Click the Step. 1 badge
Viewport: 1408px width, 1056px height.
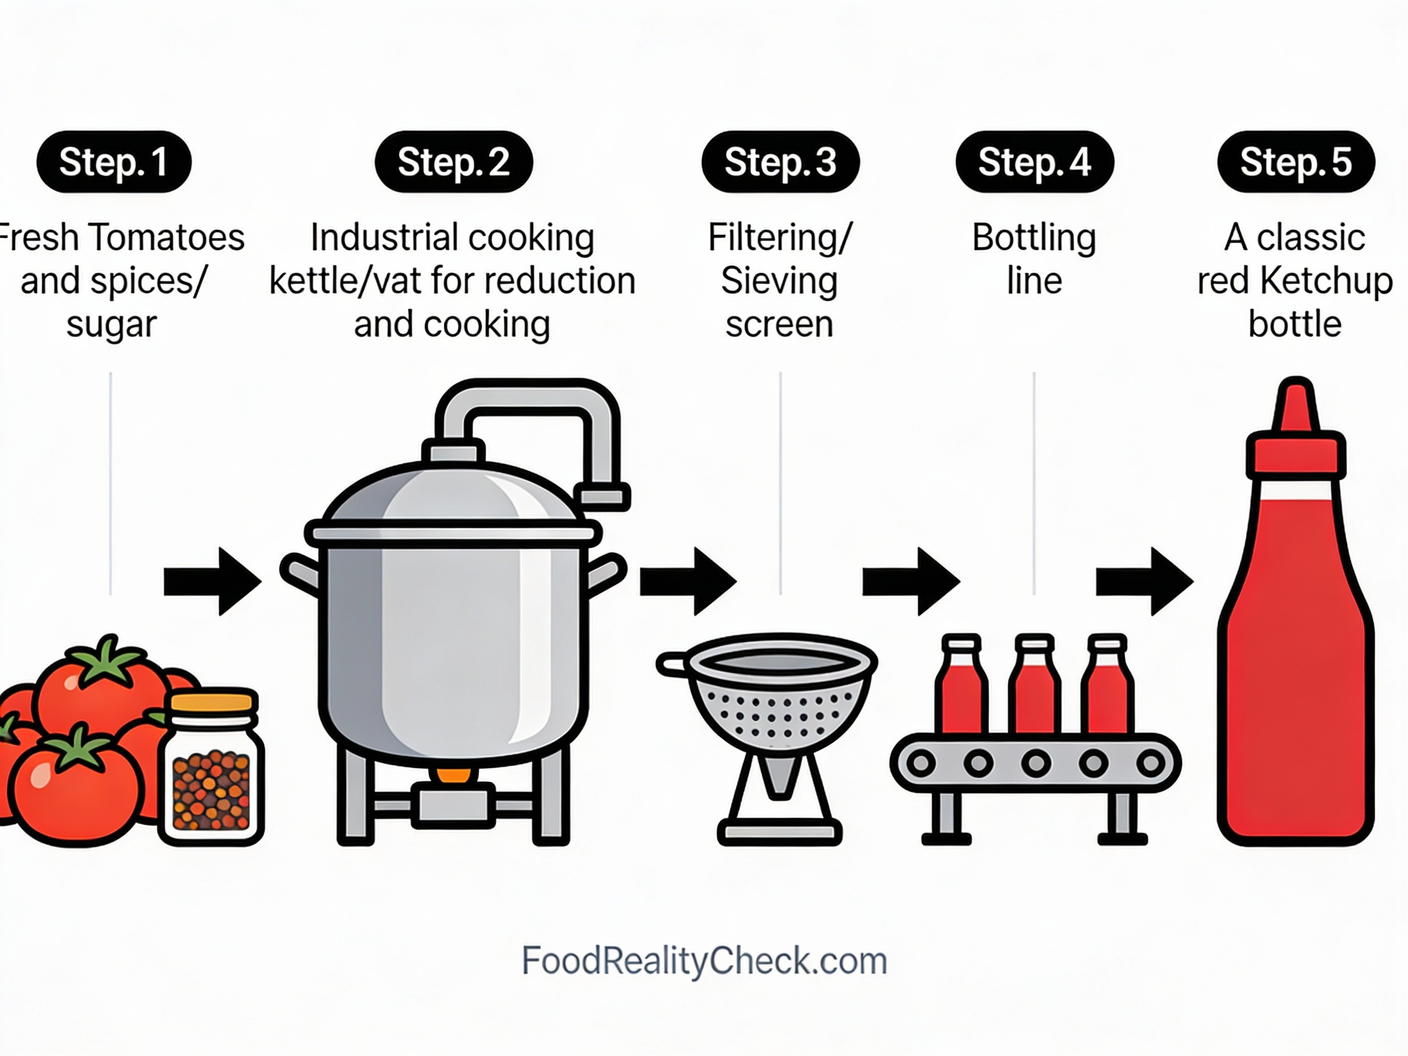[x=114, y=162]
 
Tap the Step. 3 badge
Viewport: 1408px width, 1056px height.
[x=780, y=162]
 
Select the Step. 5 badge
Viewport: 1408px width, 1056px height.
[x=1296, y=162]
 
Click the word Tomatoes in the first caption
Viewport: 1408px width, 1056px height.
[x=166, y=238]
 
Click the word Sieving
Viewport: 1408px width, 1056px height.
[x=779, y=280]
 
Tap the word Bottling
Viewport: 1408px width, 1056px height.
[x=1034, y=238]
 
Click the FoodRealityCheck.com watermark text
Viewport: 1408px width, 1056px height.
[x=704, y=961]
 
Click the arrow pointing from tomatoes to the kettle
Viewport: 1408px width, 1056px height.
[x=213, y=581]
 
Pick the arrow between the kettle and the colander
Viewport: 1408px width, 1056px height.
[x=688, y=581]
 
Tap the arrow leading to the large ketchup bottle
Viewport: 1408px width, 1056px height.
[x=1144, y=581]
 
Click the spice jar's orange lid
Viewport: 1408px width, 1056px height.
[x=212, y=702]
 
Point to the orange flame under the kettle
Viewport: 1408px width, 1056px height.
[x=454, y=775]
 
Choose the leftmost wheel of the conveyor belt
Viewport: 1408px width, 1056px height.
[x=920, y=763]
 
